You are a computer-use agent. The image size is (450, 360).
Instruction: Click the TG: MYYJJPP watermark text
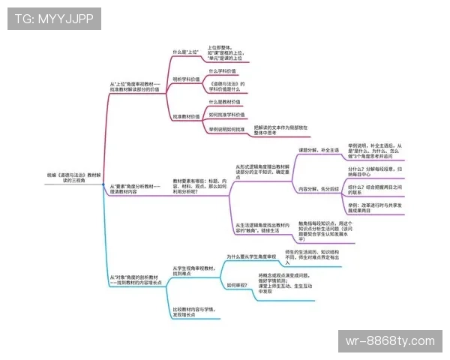point(54,19)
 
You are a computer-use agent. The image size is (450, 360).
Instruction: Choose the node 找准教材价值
point(186,117)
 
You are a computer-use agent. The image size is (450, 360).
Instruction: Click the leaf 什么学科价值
point(227,70)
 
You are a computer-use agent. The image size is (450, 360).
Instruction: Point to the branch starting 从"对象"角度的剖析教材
point(135,280)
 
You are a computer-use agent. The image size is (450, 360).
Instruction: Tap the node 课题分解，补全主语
point(319,150)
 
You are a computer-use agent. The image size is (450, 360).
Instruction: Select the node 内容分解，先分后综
point(319,189)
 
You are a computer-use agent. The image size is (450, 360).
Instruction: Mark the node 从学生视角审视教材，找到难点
point(193,271)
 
